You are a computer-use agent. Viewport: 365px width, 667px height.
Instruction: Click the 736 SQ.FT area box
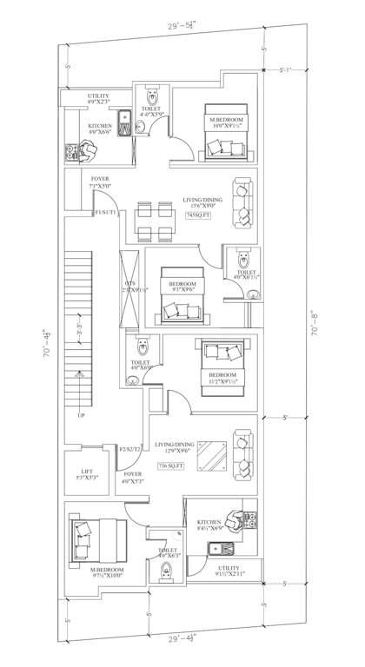click(x=173, y=467)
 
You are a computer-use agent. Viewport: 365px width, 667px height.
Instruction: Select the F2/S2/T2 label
click(x=130, y=448)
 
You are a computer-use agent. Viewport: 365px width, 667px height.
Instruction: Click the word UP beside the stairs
click(x=81, y=415)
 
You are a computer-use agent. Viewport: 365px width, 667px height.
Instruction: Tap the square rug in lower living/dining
click(x=213, y=454)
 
